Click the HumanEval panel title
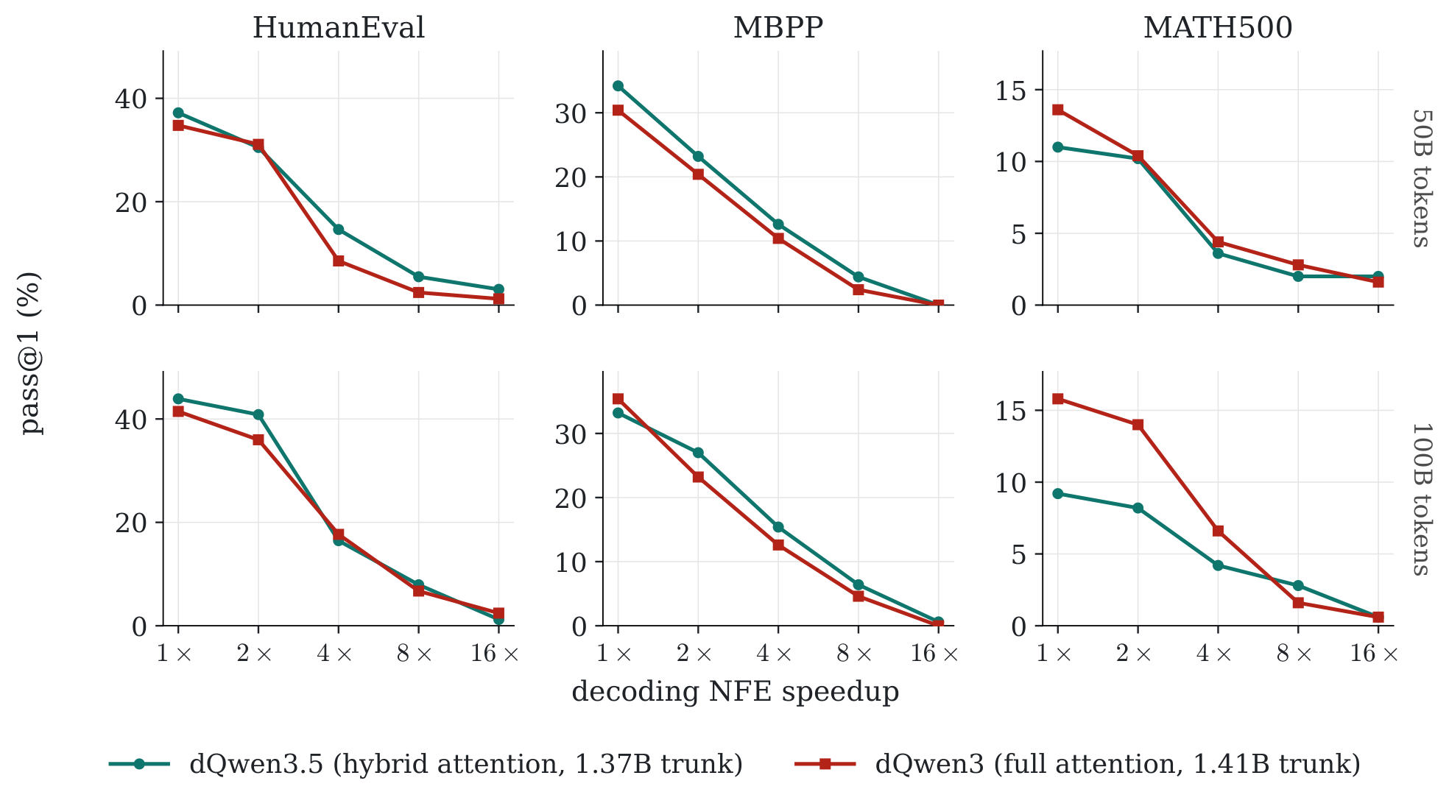point(339,28)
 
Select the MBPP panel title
point(778,28)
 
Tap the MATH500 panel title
point(1218,28)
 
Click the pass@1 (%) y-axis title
point(30,353)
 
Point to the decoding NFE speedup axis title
point(736,692)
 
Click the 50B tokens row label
point(1421,178)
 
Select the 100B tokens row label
point(1421,499)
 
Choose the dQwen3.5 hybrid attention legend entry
point(426,764)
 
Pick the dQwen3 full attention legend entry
point(1078,764)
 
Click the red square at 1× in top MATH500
point(1058,110)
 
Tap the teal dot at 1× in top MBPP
point(618,86)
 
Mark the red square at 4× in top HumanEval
point(339,261)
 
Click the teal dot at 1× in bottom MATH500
point(1058,494)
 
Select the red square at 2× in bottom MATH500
point(1138,425)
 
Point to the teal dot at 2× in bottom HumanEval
point(258,415)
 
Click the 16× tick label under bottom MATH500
point(1374,654)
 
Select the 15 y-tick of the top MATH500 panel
point(1010,91)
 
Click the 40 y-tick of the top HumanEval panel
point(130,99)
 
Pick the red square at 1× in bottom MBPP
point(618,399)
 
